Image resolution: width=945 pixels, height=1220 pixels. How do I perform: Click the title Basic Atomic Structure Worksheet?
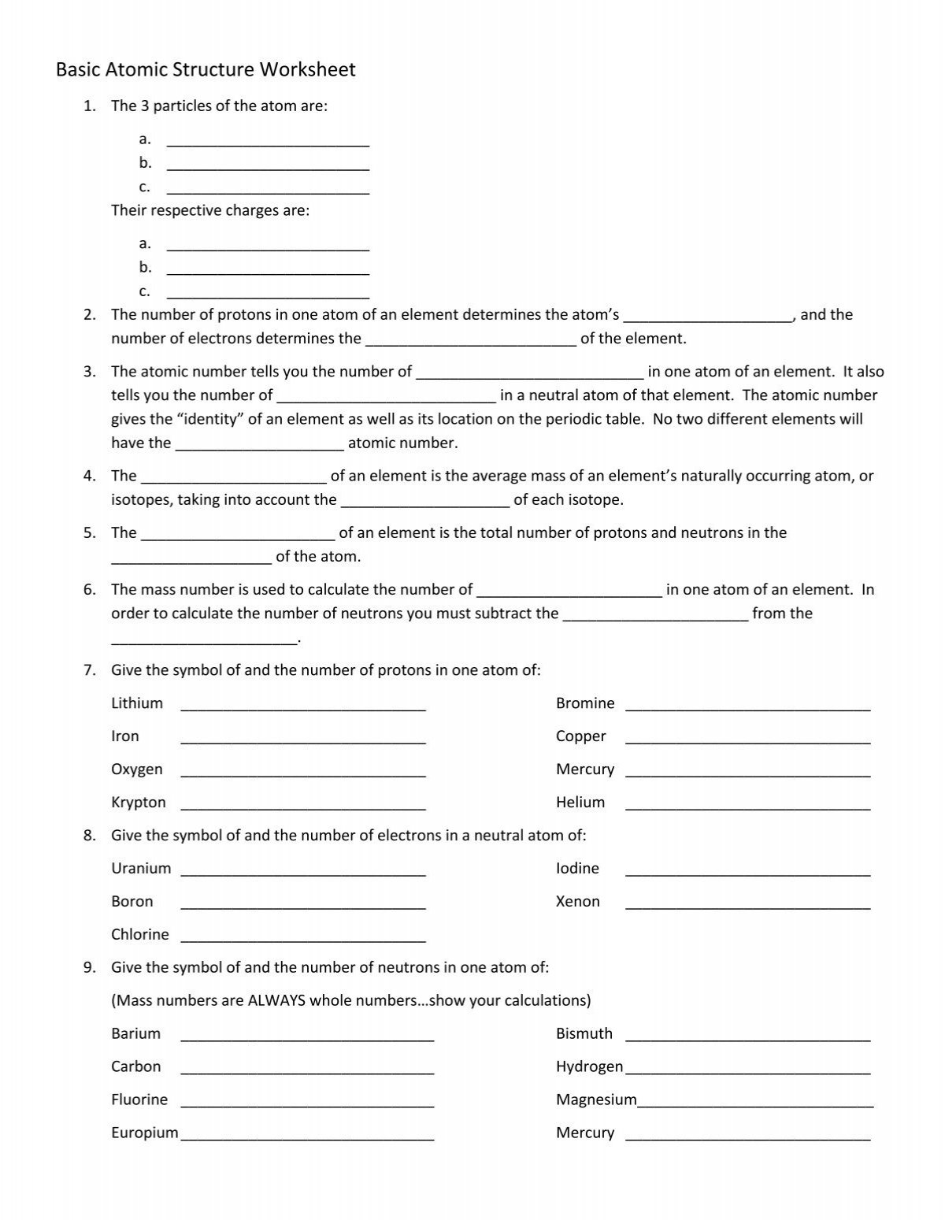[x=206, y=70]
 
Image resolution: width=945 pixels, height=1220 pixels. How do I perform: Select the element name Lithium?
[x=137, y=703]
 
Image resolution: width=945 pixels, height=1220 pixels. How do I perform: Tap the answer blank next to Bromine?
[x=747, y=707]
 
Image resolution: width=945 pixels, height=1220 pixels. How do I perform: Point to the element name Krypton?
[x=139, y=803]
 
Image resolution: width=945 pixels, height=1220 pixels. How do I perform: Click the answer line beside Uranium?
[x=303, y=873]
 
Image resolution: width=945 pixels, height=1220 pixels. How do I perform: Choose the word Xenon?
[x=577, y=902]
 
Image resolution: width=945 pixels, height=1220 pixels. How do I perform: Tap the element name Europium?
[x=145, y=1133]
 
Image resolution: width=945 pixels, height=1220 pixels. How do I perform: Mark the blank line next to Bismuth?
[x=747, y=1038]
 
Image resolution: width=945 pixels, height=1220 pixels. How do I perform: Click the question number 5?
[x=89, y=533]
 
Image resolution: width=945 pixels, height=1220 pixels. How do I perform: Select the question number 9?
[x=89, y=968]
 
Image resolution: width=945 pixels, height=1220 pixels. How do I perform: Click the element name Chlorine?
[x=140, y=935]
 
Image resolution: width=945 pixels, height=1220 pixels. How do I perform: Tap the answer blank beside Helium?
[x=747, y=807]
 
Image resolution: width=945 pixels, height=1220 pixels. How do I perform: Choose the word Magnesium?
[x=596, y=1100]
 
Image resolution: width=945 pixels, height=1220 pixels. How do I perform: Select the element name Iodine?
[x=577, y=869]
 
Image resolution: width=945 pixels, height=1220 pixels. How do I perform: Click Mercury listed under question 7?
[x=584, y=769]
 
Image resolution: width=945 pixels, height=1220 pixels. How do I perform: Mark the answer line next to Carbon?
[x=307, y=1071]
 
